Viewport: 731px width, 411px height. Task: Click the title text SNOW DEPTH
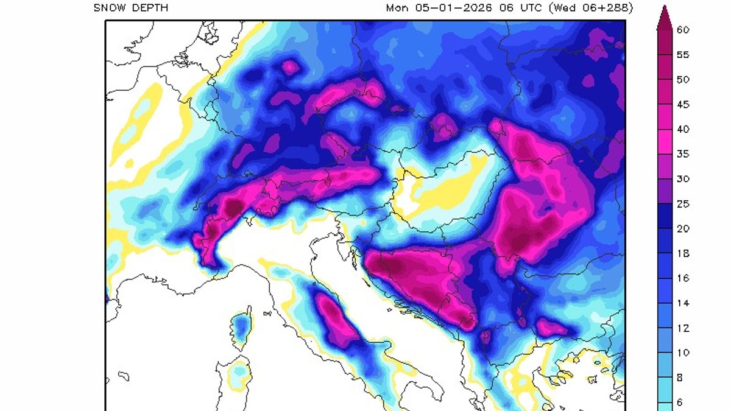point(131,8)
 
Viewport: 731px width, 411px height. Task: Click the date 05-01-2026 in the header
point(447,8)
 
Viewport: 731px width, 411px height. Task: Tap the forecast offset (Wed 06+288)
point(590,8)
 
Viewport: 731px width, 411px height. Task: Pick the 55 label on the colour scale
point(683,54)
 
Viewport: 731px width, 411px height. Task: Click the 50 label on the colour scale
point(683,79)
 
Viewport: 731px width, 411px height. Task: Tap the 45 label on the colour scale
point(683,104)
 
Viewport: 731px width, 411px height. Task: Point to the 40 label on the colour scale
point(683,129)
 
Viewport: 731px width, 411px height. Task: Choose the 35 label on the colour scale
point(683,154)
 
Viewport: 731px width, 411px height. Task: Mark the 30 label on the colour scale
point(683,179)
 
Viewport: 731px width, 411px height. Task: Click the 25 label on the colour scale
point(683,204)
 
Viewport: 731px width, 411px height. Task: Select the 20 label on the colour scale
point(683,229)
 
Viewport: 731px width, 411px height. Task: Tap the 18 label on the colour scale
point(683,253)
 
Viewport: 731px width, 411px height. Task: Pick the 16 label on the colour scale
point(683,278)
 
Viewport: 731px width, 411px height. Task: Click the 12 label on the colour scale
point(683,328)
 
